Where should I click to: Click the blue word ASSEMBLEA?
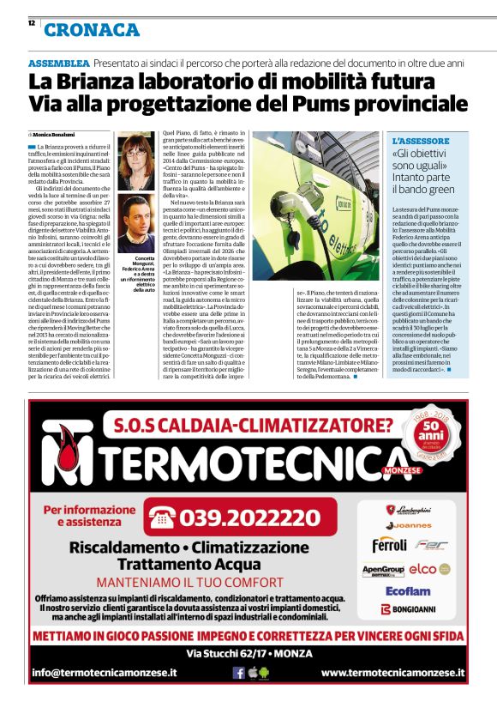click(58, 64)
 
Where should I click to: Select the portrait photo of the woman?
click(137, 155)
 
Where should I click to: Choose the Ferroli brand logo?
click(389, 544)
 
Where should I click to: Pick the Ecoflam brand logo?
click(408, 590)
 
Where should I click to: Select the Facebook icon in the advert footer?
click(239, 673)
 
